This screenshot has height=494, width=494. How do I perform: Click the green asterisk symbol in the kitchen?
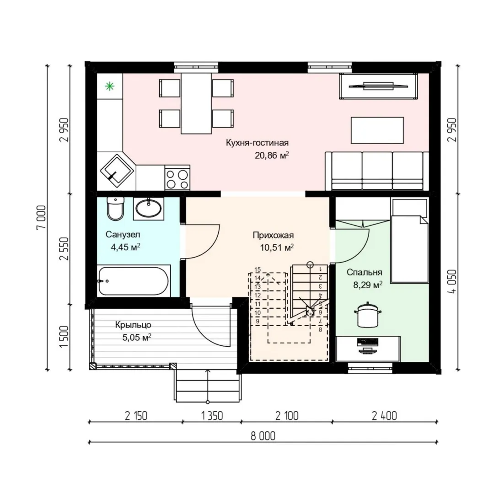[110, 86]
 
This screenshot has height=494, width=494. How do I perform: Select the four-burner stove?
[177, 179]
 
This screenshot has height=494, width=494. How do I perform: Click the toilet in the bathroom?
[115, 208]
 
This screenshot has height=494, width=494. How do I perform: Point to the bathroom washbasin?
[148, 209]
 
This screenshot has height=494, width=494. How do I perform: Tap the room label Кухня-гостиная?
[257, 143]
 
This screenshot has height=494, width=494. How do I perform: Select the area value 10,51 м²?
[277, 247]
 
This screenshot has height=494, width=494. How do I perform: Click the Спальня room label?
[364, 272]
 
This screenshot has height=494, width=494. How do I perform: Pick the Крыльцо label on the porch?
[133, 325]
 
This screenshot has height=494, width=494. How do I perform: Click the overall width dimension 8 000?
[263, 436]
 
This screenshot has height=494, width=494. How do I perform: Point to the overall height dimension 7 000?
[42, 217]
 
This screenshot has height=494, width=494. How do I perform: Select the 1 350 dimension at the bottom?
[212, 416]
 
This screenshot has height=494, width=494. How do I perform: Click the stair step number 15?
[258, 270]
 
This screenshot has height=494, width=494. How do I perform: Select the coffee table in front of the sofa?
[377, 130]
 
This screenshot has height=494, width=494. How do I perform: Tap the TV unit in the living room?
[379, 86]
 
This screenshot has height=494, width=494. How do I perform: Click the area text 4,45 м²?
[125, 247]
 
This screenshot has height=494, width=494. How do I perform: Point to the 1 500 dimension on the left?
[64, 337]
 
